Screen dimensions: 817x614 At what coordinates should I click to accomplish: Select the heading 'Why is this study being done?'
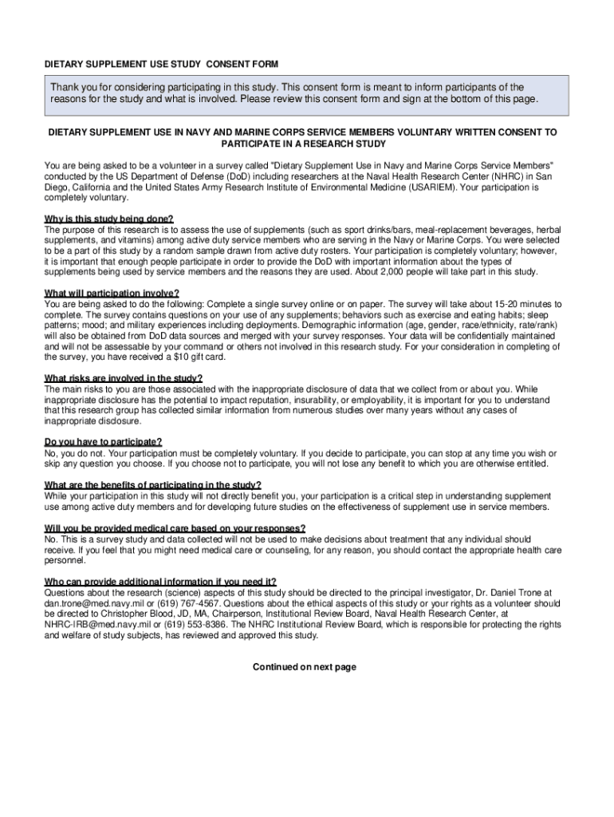(x=108, y=219)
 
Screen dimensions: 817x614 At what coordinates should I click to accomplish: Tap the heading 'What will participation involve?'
(x=112, y=293)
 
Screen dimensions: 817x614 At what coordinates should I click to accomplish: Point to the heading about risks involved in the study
(x=124, y=378)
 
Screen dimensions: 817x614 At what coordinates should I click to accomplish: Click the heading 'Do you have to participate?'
(x=104, y=442)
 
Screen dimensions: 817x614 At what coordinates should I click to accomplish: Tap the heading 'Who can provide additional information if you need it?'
(x=161, y=582)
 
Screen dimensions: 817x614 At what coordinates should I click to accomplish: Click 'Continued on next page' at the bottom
(x=305, y=667)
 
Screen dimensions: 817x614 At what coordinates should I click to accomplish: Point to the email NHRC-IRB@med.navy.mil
(x=99, y=626)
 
